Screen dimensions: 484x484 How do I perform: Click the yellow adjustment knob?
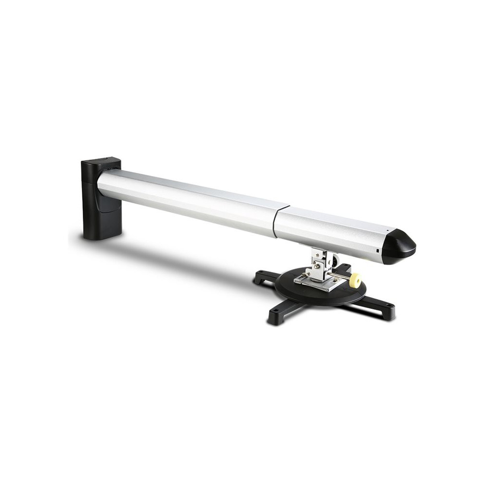pyautogui.click(x=355, y=280)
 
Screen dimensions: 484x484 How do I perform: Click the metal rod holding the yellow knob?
pyautogui.click(x=339, y=276)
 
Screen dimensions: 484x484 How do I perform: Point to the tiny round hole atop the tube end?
pyautogui.click(x=387, y=230)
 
